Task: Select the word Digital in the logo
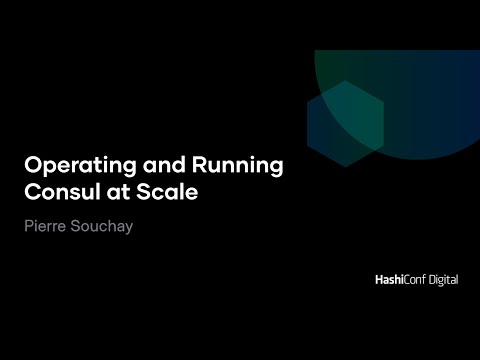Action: point(439,281)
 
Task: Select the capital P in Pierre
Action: point(27,227)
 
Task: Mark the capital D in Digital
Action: point(424,281)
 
